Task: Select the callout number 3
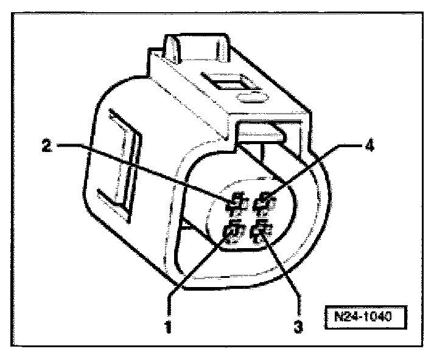298,326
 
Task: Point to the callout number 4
369,147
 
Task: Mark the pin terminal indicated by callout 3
262,231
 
